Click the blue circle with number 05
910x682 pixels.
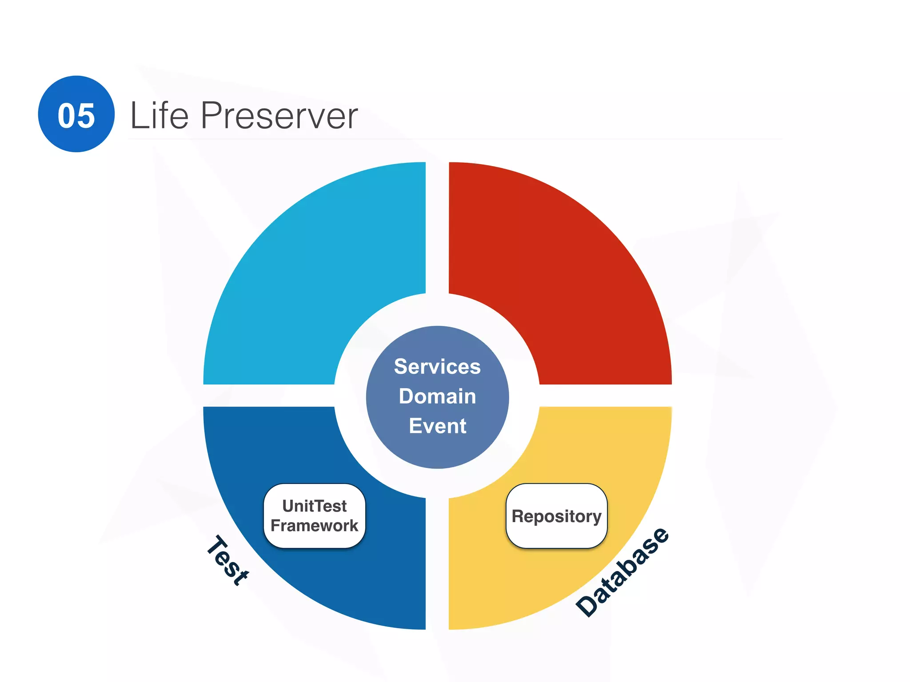click(x=76, y=114)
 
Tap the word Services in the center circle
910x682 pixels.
click(x=437, y=367)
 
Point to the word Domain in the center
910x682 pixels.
click(x=437, y=396)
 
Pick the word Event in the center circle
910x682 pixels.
click(x=437, y=426)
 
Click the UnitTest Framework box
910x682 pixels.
click(x=314, y=516)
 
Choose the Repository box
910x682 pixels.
click(x=556, y=516)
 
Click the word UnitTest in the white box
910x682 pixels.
click(x=314, y=506)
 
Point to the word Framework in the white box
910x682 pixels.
click(x=314, y=526)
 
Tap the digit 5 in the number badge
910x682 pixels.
click(x=85, y=116)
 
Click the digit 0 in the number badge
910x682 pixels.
click(x=67, y=116)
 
